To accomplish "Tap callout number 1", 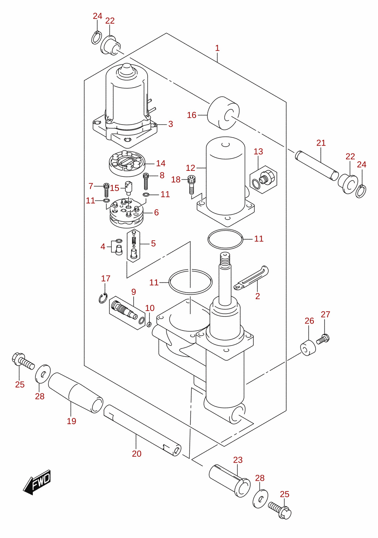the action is coord(217,48).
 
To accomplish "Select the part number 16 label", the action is coord(192,115).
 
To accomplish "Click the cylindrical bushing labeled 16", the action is coord(223,113).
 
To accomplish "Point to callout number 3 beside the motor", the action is coord(171,124).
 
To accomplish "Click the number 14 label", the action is coord(161,163).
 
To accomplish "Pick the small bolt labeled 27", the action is coord(323,339).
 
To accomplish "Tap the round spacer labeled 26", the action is coord(308,348).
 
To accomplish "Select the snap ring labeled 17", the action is coord(103,298).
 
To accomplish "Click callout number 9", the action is coord(134,292).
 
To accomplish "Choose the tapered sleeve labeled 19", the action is coord(76,393).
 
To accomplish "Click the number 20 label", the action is coord(137,454).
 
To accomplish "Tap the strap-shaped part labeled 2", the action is coord(251,278).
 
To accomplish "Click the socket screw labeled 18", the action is coord(191,185).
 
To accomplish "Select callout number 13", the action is coord(258,152).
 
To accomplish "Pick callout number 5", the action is coord(153,243).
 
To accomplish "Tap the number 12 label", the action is coord(191,168).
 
